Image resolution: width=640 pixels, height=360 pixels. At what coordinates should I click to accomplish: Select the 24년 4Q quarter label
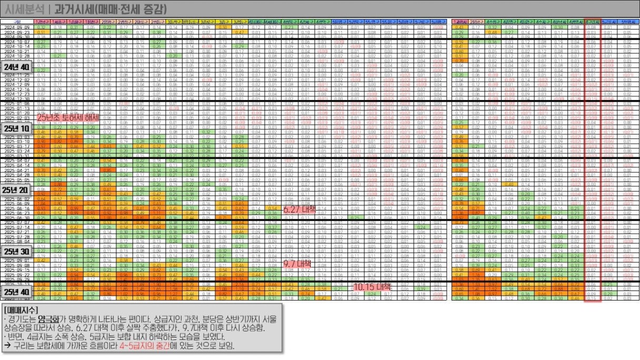pyautogui.click(x=17, y=68)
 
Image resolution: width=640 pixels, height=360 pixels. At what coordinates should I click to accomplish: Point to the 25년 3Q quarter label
pyautogui.click(x=17, y=252)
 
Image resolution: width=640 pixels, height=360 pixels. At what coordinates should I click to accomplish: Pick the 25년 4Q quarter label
pyautogui.click(x=17, y=292)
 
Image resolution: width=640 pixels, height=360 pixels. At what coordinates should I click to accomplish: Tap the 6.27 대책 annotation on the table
pyautogui.click(x=299, y=209)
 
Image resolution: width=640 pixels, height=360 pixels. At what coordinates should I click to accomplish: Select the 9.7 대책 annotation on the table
pyautogui.click(x=298, y=263)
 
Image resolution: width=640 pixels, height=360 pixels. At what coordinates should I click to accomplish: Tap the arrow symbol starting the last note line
pyautogui.click(x=7, y=346)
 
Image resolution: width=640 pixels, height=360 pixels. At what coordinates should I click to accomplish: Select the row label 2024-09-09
pyautogui.click(x=16, y=26)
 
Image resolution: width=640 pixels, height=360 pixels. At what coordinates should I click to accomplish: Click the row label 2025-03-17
pyautogui.click(x=16, y=146)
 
